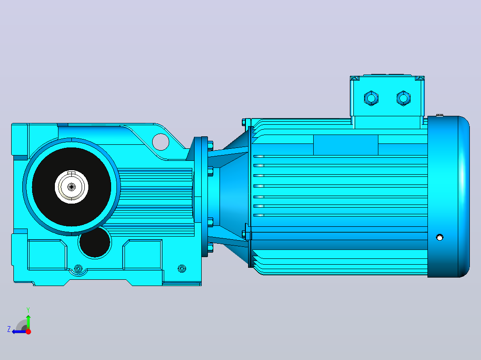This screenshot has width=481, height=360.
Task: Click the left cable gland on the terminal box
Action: coord(371,98)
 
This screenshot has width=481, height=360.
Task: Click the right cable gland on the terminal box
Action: coord(403,98)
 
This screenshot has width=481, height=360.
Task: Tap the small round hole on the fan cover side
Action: coord(440,237)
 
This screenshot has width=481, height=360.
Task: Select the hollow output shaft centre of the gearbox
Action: coord(71,187)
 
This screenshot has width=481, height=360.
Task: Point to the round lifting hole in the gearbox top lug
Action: coord(161,142)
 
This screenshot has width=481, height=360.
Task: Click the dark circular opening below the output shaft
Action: coord(95,242)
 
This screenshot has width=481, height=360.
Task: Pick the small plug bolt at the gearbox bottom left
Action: coord(79,269)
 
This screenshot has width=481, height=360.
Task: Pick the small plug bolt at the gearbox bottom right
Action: coord(182,269)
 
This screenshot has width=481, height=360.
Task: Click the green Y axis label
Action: coord(28,310)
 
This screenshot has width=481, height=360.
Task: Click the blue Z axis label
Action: coord(9,329)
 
